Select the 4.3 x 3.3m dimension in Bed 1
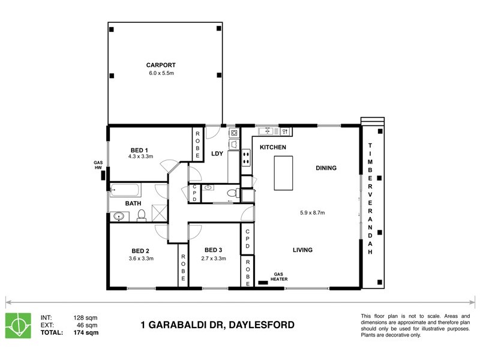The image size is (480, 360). point(140,157)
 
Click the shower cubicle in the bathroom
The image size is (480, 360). point(160,213)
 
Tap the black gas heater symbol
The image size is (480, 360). point(263,281)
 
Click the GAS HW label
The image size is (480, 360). point(98,165)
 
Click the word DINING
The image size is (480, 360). point(326,169)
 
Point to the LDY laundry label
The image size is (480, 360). point(217,154)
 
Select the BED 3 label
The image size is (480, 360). point(214,250)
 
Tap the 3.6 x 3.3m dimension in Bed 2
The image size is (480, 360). point(142,259)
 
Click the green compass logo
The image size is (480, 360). point(18,324)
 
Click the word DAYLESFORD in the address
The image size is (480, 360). point(262,325)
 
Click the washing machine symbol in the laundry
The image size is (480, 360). point(234,132)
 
